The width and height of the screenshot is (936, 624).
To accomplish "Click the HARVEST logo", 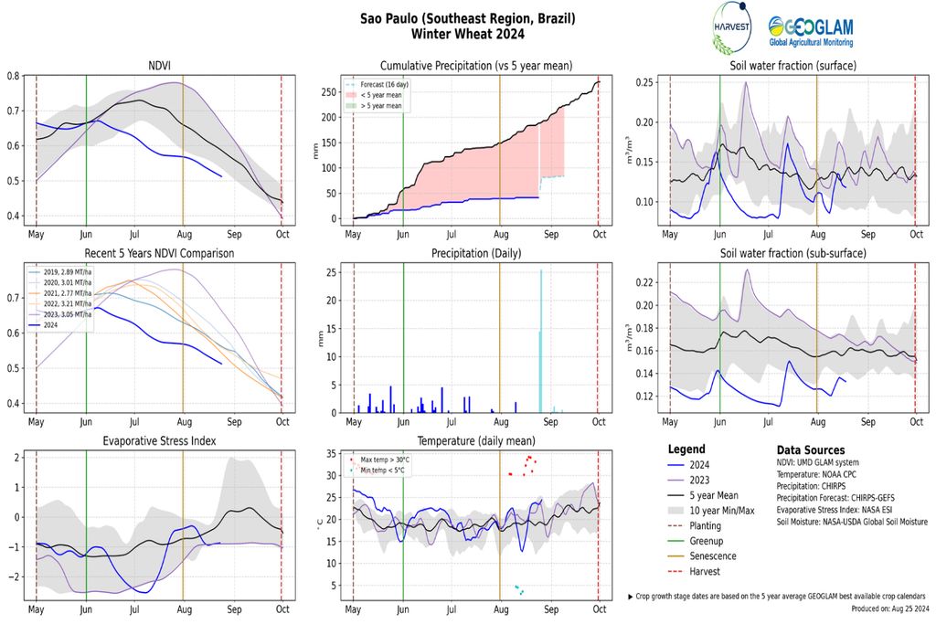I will pos(730,28).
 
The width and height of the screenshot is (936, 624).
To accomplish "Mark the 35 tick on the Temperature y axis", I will pos(331,455).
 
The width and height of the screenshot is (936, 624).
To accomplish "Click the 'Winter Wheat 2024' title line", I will pos(467,34).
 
